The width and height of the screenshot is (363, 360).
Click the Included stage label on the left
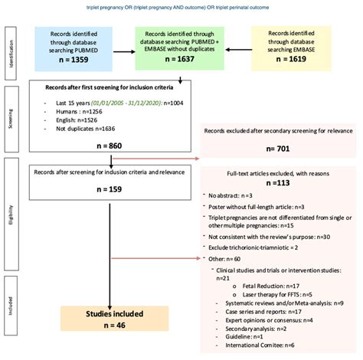11,316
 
